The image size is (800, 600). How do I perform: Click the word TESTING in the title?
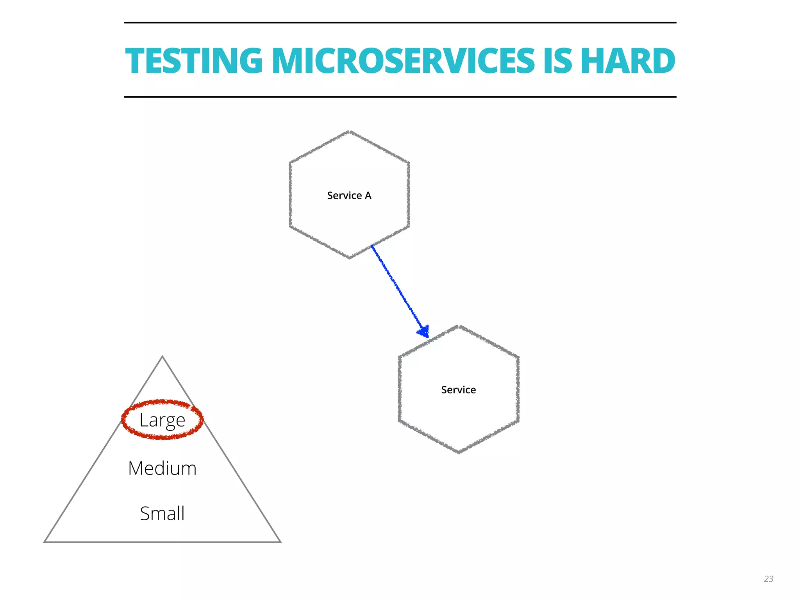[x=194, y=61]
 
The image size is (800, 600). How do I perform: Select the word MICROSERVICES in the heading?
[x=403, y=61]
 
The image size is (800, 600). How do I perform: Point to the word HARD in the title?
[x=628, y=61]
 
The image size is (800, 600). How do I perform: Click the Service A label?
[x=349, y=195]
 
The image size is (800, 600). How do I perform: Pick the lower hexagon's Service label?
[x=458, y=390]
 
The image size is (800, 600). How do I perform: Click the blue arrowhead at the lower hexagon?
[x=424, y=332]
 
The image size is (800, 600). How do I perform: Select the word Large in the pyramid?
[x=162, y=420]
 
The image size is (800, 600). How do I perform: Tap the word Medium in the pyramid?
[x=162, y=468]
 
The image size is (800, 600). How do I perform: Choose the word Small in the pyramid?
[x=162, y=513]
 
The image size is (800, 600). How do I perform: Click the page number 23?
[x=768, y=579]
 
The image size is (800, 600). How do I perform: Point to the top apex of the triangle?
[x=162, y=357]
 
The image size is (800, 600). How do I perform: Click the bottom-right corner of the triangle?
[x=280, y=541]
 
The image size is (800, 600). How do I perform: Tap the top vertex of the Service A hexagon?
[x=349, y=132]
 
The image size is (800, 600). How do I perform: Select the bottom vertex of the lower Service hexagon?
[x=459, y=452]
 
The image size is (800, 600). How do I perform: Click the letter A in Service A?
[x=368, y=195]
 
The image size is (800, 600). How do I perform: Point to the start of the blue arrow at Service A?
[x=372, y=246]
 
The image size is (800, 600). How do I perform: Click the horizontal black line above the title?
[x=400, y=23]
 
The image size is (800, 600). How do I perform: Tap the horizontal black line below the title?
[x=400, y=96]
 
